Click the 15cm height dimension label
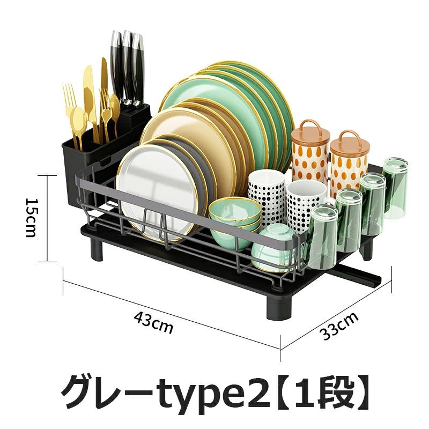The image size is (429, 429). (x=31, y=218)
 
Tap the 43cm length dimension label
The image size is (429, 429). (x=153, y=323)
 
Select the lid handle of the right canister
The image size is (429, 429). (x=349, y=137)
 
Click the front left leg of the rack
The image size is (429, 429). (x=97, y=249)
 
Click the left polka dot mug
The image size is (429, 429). (x=266, y=197)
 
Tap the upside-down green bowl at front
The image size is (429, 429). (x=273, y=248)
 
